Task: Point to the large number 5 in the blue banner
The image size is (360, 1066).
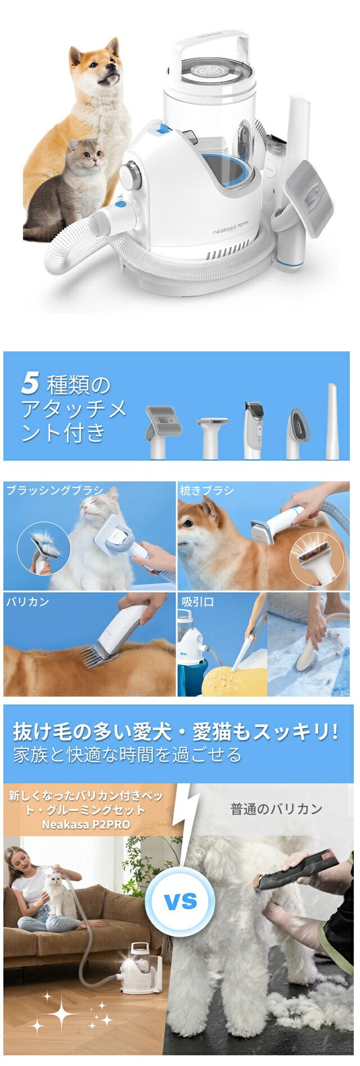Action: tap(30, 384)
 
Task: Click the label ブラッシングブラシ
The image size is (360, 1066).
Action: tap(55, 490)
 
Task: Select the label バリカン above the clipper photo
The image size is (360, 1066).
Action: tap(28, 602)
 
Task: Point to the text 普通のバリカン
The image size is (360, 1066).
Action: tap(276, 809)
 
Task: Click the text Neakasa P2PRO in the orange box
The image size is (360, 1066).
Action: tap(86, 825)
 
